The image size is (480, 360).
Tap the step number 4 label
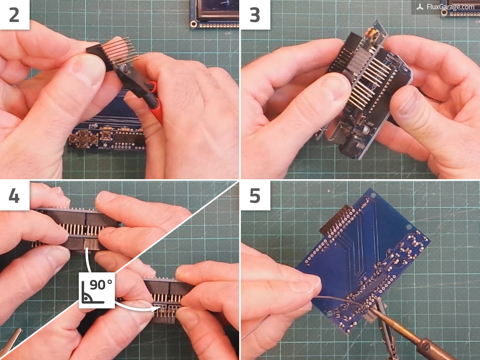coord(14,196)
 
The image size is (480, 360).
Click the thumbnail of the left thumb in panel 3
coord(336,86)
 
